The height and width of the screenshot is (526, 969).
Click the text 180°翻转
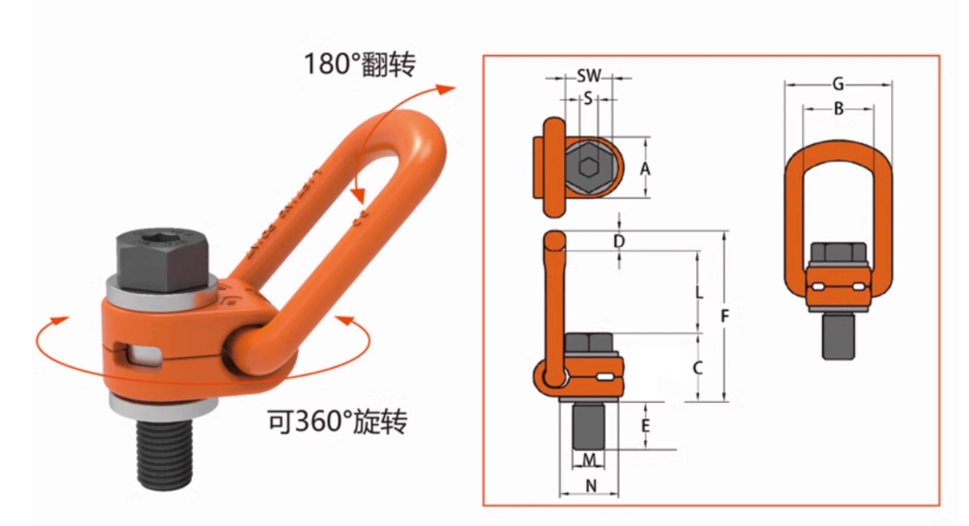(359, 63)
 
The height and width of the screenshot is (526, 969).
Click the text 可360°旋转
(336, 422)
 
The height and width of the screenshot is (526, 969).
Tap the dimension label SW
(589, 76)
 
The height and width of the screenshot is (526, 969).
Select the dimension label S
(588, 97)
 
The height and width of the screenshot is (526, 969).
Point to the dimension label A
(645, 168)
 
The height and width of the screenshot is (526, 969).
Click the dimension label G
(838, 84)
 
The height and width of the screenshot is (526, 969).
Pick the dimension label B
(838, 108)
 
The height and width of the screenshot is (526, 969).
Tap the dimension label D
(619, 241)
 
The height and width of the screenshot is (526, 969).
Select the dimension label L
(699, 294)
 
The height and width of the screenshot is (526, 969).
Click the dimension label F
(725, 317)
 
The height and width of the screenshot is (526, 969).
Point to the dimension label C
(698, 368)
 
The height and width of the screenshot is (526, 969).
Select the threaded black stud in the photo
(164, 450)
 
